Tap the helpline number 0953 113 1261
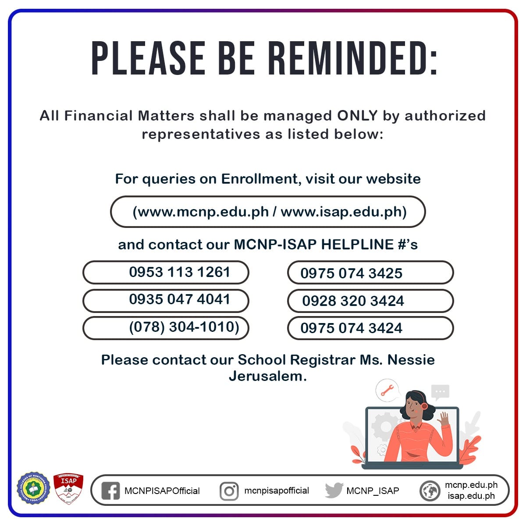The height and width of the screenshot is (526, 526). pos(179,272)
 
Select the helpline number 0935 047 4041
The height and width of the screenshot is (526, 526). pos(179,299)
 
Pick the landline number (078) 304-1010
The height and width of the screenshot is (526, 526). pos(184,327)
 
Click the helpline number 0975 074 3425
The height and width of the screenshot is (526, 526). pos(351,274)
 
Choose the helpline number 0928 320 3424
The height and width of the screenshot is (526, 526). pos(353,301)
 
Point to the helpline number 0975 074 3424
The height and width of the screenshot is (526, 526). pos(351,328)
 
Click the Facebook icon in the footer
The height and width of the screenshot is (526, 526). pos(110,491)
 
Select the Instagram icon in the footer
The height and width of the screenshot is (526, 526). pos(229,491)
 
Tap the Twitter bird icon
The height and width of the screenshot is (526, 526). pos(334,490)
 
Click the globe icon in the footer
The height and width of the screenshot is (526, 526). pos(430,491)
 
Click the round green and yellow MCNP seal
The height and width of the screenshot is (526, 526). pos(31,488)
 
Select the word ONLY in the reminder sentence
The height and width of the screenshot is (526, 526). pos(357,116)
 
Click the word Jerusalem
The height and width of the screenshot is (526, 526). pos(267,376)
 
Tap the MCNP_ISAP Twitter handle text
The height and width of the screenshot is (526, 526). pos(373,491)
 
